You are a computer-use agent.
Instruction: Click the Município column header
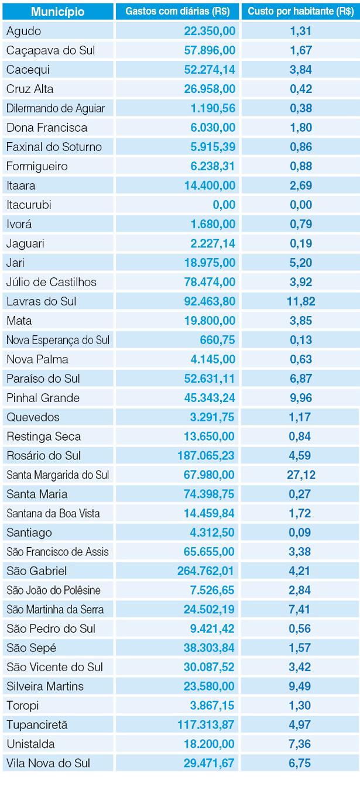[58, 12]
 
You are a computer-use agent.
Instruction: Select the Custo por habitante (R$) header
[300, 12]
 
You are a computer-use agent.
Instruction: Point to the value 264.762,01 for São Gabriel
[206, 571]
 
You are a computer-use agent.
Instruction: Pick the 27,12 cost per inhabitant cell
[300, 475]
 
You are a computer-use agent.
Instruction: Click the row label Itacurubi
[28, 205]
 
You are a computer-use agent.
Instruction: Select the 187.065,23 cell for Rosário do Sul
[206, 455]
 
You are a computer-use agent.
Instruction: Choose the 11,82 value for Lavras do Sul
[300, 301]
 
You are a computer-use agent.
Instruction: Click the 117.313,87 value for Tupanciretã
[206, 725]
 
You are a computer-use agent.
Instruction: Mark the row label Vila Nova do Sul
[49, 763]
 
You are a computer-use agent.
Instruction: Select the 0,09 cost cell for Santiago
[300, 533]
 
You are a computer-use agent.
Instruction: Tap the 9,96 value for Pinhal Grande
[300, 398]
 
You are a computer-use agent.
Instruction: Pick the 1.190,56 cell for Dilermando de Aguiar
[212, 108]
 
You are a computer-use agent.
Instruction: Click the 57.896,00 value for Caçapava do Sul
[209, 50]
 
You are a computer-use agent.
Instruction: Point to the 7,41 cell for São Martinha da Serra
[300, 609]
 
